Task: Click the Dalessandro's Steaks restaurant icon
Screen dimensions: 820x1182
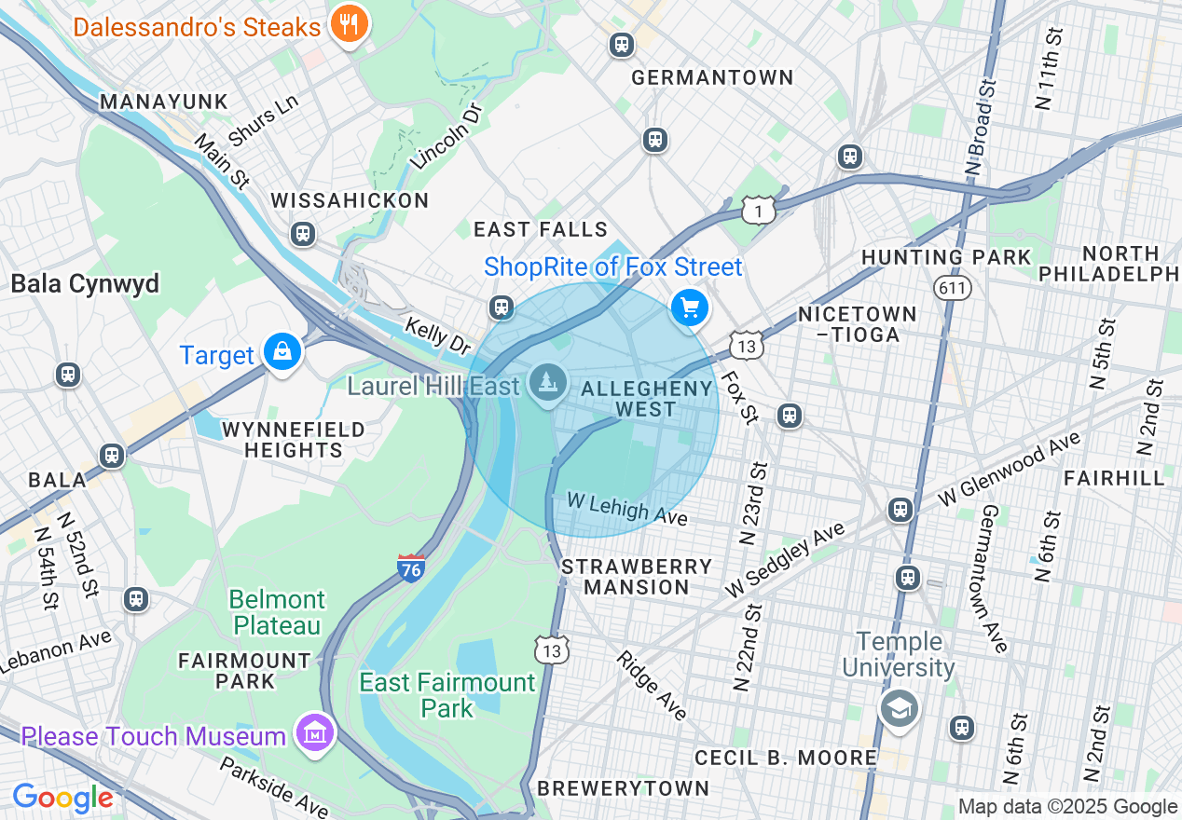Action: click(x=349, y=24)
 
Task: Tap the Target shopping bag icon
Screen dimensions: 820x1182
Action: click(x=281, y=352)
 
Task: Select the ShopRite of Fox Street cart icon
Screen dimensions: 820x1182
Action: click(x=690, y=307)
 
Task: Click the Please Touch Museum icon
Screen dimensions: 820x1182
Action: click(x=315, y=733)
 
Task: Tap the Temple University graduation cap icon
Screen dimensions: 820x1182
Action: click(x=900, y=709)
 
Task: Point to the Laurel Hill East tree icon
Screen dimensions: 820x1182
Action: click(x=549, y=382)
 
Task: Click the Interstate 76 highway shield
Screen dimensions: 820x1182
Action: click(x=411, y=567)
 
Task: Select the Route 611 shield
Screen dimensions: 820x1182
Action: click(x=953, y=288)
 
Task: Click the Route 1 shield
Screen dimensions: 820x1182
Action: click(x=759, y=212)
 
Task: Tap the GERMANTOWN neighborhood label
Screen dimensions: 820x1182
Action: click(x=712, y=77)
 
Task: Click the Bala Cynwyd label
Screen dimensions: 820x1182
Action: click(x=85, y=283)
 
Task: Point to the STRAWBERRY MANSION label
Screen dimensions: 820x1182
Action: click(x=637, y=577)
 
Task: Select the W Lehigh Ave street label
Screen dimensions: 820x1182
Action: click(x=627, y=509)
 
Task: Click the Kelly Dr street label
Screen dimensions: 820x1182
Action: click(x=437, y=335)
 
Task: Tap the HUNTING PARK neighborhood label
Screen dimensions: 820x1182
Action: click(x=946, y=257)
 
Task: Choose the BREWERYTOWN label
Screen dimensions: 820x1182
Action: click(x=623, y=788)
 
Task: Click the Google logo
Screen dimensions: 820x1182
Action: click(x=62, y=798)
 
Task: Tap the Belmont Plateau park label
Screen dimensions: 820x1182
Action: click(x=277, y=611)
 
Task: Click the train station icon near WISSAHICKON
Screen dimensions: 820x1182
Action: click(x=302, y=233)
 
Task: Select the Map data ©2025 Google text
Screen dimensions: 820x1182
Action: click(x=1067, y=807)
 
